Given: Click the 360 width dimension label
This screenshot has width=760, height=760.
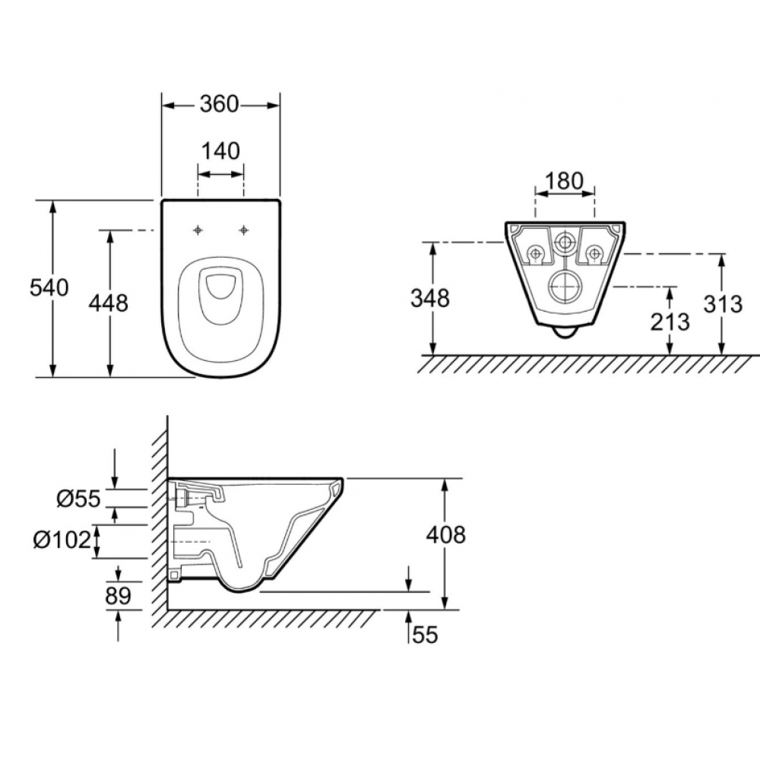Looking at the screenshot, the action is click(220, 104).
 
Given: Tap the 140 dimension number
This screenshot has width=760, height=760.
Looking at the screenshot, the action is click(220, 151).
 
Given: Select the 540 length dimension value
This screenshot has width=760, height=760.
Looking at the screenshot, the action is click(49, 288).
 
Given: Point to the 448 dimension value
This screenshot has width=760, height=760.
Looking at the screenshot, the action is click(109, 303).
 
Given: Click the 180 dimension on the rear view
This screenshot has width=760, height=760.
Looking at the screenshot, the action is click(564, 182).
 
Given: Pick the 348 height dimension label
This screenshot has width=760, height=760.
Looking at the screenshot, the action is click(430, 298).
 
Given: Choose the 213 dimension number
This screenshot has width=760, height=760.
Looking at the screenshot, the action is click(670, 321).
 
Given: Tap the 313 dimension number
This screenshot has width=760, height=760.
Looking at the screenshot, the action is click(723, 305).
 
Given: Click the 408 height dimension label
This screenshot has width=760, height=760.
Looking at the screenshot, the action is click(446, 535).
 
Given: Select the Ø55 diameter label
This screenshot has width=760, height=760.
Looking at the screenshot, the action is click(78, 499).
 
